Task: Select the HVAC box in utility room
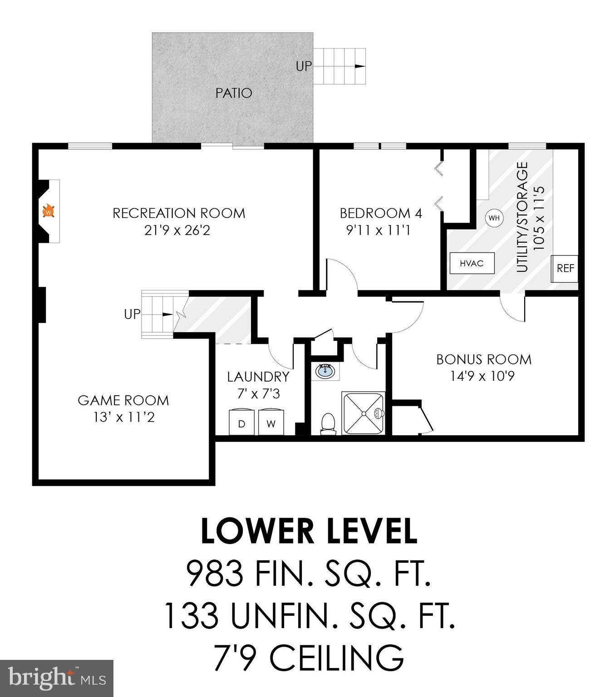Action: point(472,263)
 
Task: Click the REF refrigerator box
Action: point(565,268)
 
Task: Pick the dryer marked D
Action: point(241,423)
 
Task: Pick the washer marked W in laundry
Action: point(271,423)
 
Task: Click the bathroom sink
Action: point(326,371)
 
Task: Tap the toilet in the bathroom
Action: point(328,423)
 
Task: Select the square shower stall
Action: point(363,413)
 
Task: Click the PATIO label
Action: point(234,93)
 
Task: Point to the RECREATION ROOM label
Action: point(179,213)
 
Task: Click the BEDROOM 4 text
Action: point(380,213)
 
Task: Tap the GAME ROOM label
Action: point(123,400)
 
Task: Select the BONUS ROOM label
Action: point(484,359)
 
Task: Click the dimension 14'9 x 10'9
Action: point(482,376)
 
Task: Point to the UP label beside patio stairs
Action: point(304,66)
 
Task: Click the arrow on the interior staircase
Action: point(167,314)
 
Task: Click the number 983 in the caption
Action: point(215,573)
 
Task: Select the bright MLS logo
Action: point(56,678)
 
